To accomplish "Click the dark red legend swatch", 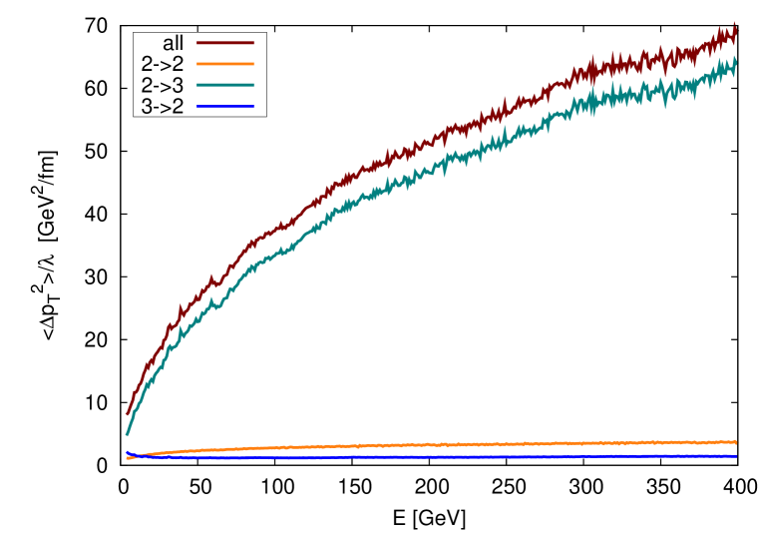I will click(x=225, y=43).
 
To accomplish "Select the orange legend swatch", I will click(x=225, y=64).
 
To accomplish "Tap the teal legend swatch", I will click(x=225, y=85).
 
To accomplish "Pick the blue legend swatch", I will click(x=225, y=106).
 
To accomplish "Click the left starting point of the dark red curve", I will click(x=128, y=413).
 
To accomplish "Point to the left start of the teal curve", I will click(x=128, y=434).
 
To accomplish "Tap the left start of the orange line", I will click(x=128, y=458).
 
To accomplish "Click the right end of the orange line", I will click(x=736, y=441).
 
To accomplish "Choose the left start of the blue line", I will click(x=128, y=452).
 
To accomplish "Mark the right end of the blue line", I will click(x=736, y=456).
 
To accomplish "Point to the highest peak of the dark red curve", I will click(x=734, y=24).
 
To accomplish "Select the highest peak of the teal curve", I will click(x=734, y=57).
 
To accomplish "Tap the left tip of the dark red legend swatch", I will click(x=197, y=43).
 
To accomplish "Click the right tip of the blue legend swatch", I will click(x=254, y=106).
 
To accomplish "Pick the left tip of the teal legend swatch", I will click(x=197, y=85).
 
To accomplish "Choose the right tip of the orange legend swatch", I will click(x=254, y=64).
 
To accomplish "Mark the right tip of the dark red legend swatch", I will click(x=254, y=43).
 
